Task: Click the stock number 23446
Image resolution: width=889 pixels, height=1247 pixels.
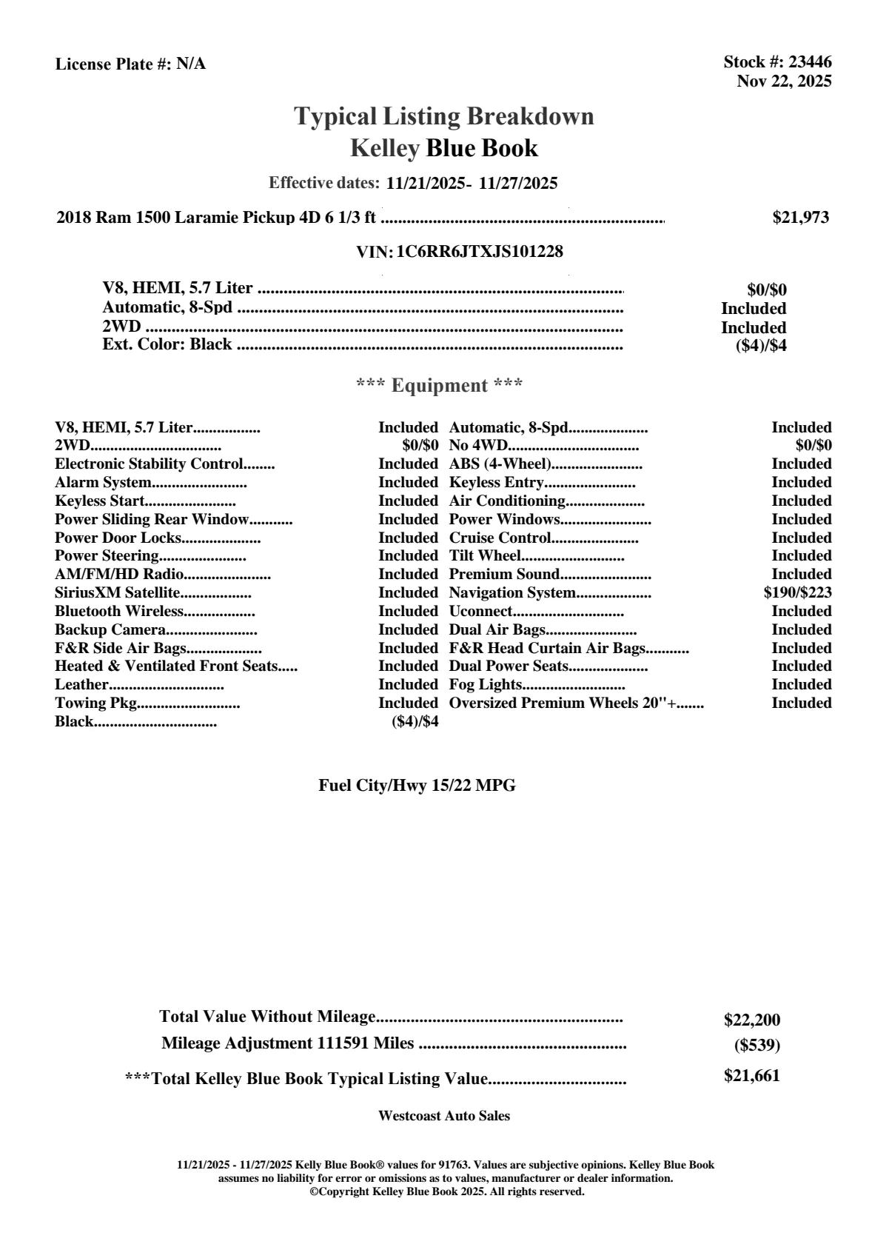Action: pos(810,62)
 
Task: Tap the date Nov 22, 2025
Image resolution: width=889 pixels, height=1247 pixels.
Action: pos(784,81)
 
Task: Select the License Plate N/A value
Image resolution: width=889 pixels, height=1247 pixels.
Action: pos(191,64)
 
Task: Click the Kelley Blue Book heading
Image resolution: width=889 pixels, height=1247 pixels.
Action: pos(443,148)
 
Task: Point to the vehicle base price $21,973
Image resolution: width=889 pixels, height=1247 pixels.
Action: pos(800,218)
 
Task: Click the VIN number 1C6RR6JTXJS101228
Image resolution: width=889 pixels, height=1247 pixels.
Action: pos(480,252)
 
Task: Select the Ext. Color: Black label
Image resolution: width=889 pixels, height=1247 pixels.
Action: pos(167,344)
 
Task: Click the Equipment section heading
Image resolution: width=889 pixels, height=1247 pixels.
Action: pos(439,386)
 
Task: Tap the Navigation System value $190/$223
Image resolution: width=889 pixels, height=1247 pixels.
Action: pos(797,593)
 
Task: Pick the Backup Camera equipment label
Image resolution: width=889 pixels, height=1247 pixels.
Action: pos(110,630)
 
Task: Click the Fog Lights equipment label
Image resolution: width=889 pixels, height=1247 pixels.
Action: pos(486,685)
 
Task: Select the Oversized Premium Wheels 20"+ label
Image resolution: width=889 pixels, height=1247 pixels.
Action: pos(563,703)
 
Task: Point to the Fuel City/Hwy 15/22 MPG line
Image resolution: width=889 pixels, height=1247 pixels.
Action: pos(417,786)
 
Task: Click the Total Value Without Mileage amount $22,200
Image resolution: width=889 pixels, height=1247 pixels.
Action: pos(751,1020)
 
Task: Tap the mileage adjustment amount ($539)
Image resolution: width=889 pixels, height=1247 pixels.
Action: pos(757,1046)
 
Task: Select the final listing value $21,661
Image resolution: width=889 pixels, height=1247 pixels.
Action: pos(751,1076)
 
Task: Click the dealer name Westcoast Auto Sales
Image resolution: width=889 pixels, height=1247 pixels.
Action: pos(443,1116)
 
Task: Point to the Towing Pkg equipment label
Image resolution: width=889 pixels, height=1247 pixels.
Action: pos(96,703)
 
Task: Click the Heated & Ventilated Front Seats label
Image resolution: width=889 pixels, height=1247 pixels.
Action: pos(167,666)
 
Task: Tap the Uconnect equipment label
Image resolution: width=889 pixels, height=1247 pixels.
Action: pos(480,612)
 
